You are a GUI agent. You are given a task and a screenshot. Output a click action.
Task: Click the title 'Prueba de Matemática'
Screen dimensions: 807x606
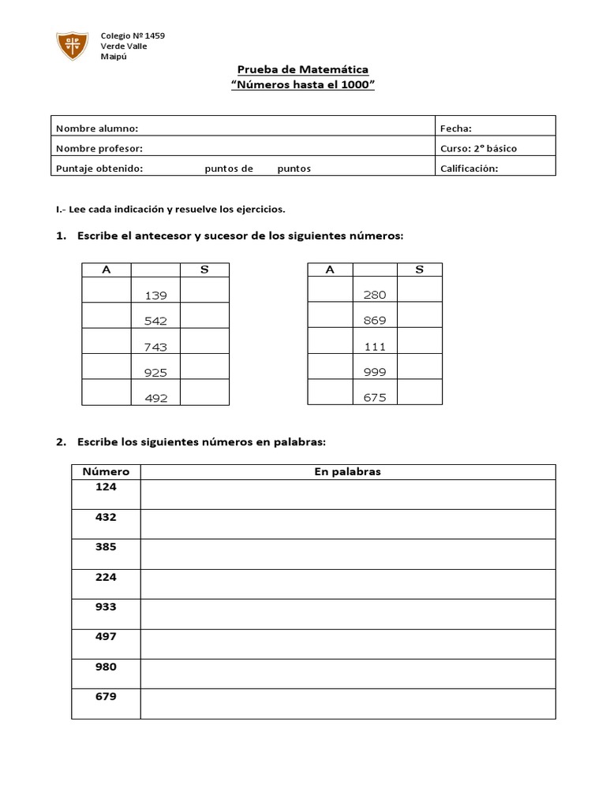(x=302, y=70)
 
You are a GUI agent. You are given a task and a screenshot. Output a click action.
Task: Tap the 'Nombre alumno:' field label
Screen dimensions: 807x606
(x=96, y=128)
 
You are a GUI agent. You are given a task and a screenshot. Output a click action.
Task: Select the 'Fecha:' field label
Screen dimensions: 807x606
(x=456, y=128)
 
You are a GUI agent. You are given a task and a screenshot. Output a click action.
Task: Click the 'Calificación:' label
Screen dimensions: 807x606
(x=469, y=168)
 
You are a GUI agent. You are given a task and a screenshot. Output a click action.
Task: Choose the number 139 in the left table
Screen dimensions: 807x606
(x=156, y=296)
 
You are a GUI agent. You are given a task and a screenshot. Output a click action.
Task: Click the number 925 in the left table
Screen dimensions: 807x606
(x=156, y=372)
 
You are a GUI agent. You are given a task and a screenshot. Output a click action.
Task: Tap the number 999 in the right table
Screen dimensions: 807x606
(x=375, y=372)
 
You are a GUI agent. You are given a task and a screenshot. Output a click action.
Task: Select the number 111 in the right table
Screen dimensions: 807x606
(x=375, y=347)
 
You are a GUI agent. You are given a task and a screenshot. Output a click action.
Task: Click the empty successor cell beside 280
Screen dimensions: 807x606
(x=420, y=290)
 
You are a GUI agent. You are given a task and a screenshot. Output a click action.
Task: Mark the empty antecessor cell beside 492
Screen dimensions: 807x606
(x=107, y=392)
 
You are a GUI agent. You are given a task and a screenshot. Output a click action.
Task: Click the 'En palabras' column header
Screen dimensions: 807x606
(x=347, y=471)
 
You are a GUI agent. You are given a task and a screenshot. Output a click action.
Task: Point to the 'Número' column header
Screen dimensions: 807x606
(x=106, y=471)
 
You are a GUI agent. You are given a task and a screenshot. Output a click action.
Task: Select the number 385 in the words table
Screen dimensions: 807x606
(x=106, y=547)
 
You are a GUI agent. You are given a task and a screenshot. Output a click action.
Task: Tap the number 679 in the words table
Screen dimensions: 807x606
(x=106, y=697)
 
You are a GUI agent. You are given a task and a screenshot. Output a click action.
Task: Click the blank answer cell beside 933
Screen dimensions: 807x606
(x=347, y=614)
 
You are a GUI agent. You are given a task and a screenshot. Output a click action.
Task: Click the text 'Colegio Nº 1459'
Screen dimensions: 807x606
(x=133, y=36)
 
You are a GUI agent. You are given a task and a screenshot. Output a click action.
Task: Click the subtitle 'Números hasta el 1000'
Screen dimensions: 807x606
(x=302, y=85)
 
